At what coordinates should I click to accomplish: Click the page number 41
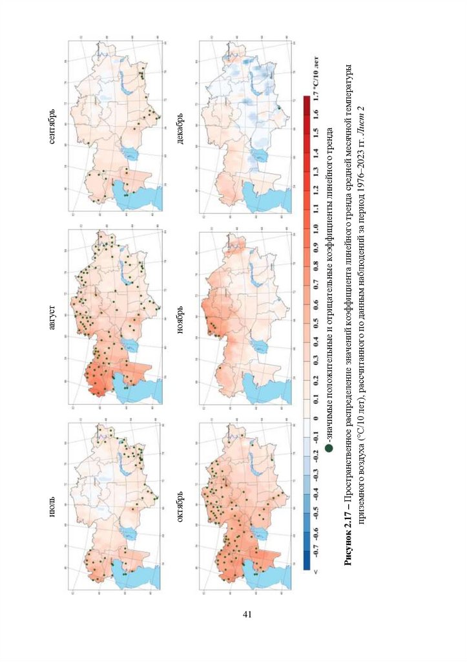click(246, 614)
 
